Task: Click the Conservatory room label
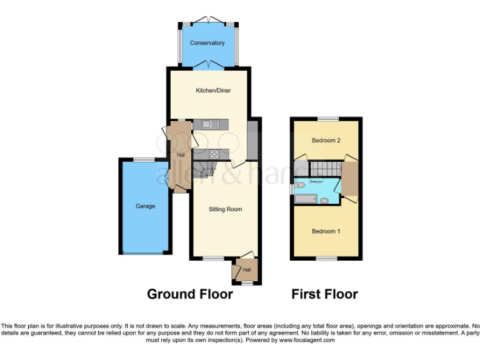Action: [x=208, y=43]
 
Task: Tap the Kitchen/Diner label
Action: [x=214, y=91]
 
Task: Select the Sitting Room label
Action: [x=225, y=209]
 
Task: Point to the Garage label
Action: [x=145, y=206]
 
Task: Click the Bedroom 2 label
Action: [x=326, y=141]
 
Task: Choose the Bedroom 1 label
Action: [x=326, y=231]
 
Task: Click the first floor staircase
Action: [x=324, y=168]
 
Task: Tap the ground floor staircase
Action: [x=203, y=169]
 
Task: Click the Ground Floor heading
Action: [x=190, y=294]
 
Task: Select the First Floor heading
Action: [x=324, y=294]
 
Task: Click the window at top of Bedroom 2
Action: [x=327, y=119]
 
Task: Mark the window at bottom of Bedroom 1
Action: [x=326, y=258]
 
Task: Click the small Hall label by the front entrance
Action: [x=246, y=270]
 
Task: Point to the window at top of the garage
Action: [x=145, y=159]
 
